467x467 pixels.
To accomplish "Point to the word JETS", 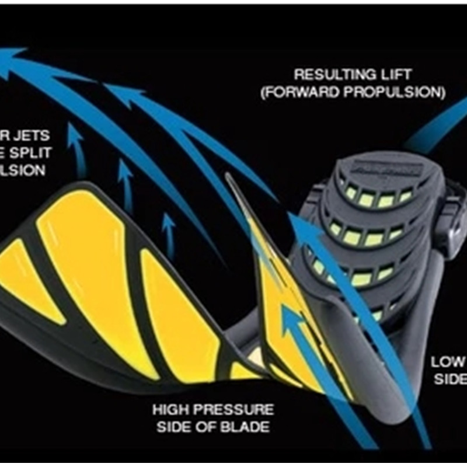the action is (x=29, y=136).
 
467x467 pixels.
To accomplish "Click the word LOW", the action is (x=448, y=362).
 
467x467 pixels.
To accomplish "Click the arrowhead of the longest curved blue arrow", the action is (x=11, y=55).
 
